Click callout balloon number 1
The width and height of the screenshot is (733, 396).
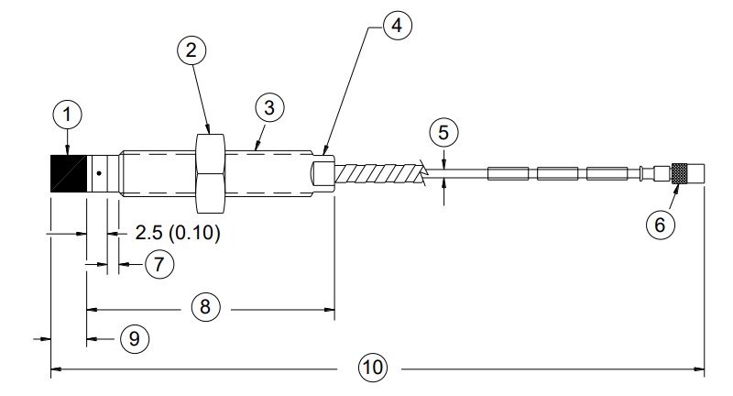tap(67, 115)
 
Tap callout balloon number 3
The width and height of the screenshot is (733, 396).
tap(268, 108)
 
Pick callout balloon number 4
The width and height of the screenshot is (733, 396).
tap(395, 27)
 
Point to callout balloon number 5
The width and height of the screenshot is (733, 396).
tap(443, 132)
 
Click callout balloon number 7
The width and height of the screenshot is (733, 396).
tap(158, 265)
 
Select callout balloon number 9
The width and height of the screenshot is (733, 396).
tap(134, 338)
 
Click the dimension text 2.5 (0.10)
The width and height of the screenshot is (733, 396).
tap(178, 233)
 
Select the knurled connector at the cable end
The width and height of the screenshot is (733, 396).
tap(680, 172)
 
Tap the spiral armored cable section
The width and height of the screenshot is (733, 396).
tap(378, 171)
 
